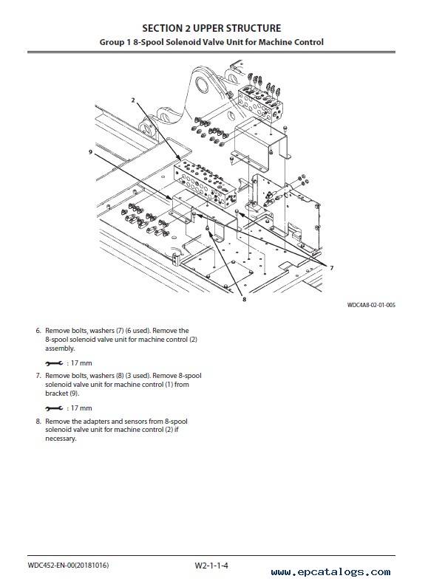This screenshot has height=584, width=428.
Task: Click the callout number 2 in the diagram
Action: pos(133,100)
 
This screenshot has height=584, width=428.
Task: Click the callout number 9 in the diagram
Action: pos(91,152)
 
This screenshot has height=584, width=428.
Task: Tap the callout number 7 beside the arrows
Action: pos(332,268)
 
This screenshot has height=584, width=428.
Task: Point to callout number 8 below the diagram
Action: pos(244,299)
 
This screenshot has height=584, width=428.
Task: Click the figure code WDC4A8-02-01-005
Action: pos(371,305)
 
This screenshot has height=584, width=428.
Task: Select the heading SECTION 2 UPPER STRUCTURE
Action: pos(211,28)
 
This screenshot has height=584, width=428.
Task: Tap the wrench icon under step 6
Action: pos(54,363)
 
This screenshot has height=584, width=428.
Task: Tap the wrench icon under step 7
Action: pos(54,408)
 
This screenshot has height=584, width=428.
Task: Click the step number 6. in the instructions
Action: pos(38,331)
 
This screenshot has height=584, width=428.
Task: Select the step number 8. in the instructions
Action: pos(38,422)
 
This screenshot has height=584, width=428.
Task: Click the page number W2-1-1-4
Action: pos(211,566)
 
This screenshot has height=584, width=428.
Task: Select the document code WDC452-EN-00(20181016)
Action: pos(68,566)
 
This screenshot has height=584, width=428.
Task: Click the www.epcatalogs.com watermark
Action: pos(331,571)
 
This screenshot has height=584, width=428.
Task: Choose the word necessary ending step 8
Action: pos(61,439)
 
